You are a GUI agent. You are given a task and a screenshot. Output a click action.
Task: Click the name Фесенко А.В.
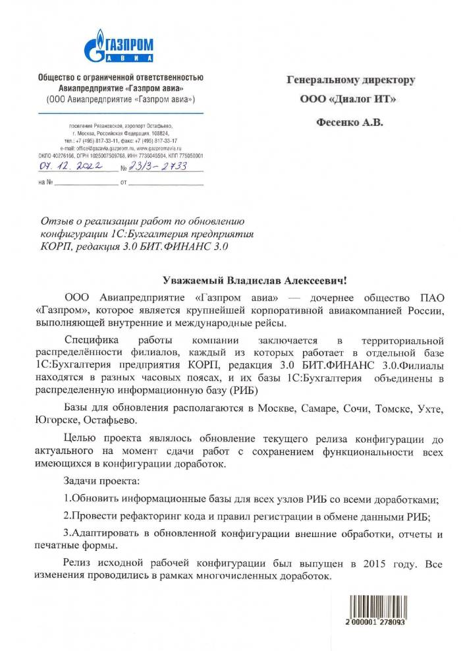click(x=349, y=122)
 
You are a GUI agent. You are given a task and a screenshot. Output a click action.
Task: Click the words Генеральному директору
click(x=350, y=80)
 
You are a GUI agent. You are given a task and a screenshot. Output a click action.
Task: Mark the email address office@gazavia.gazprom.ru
click(x=95, y=149)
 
